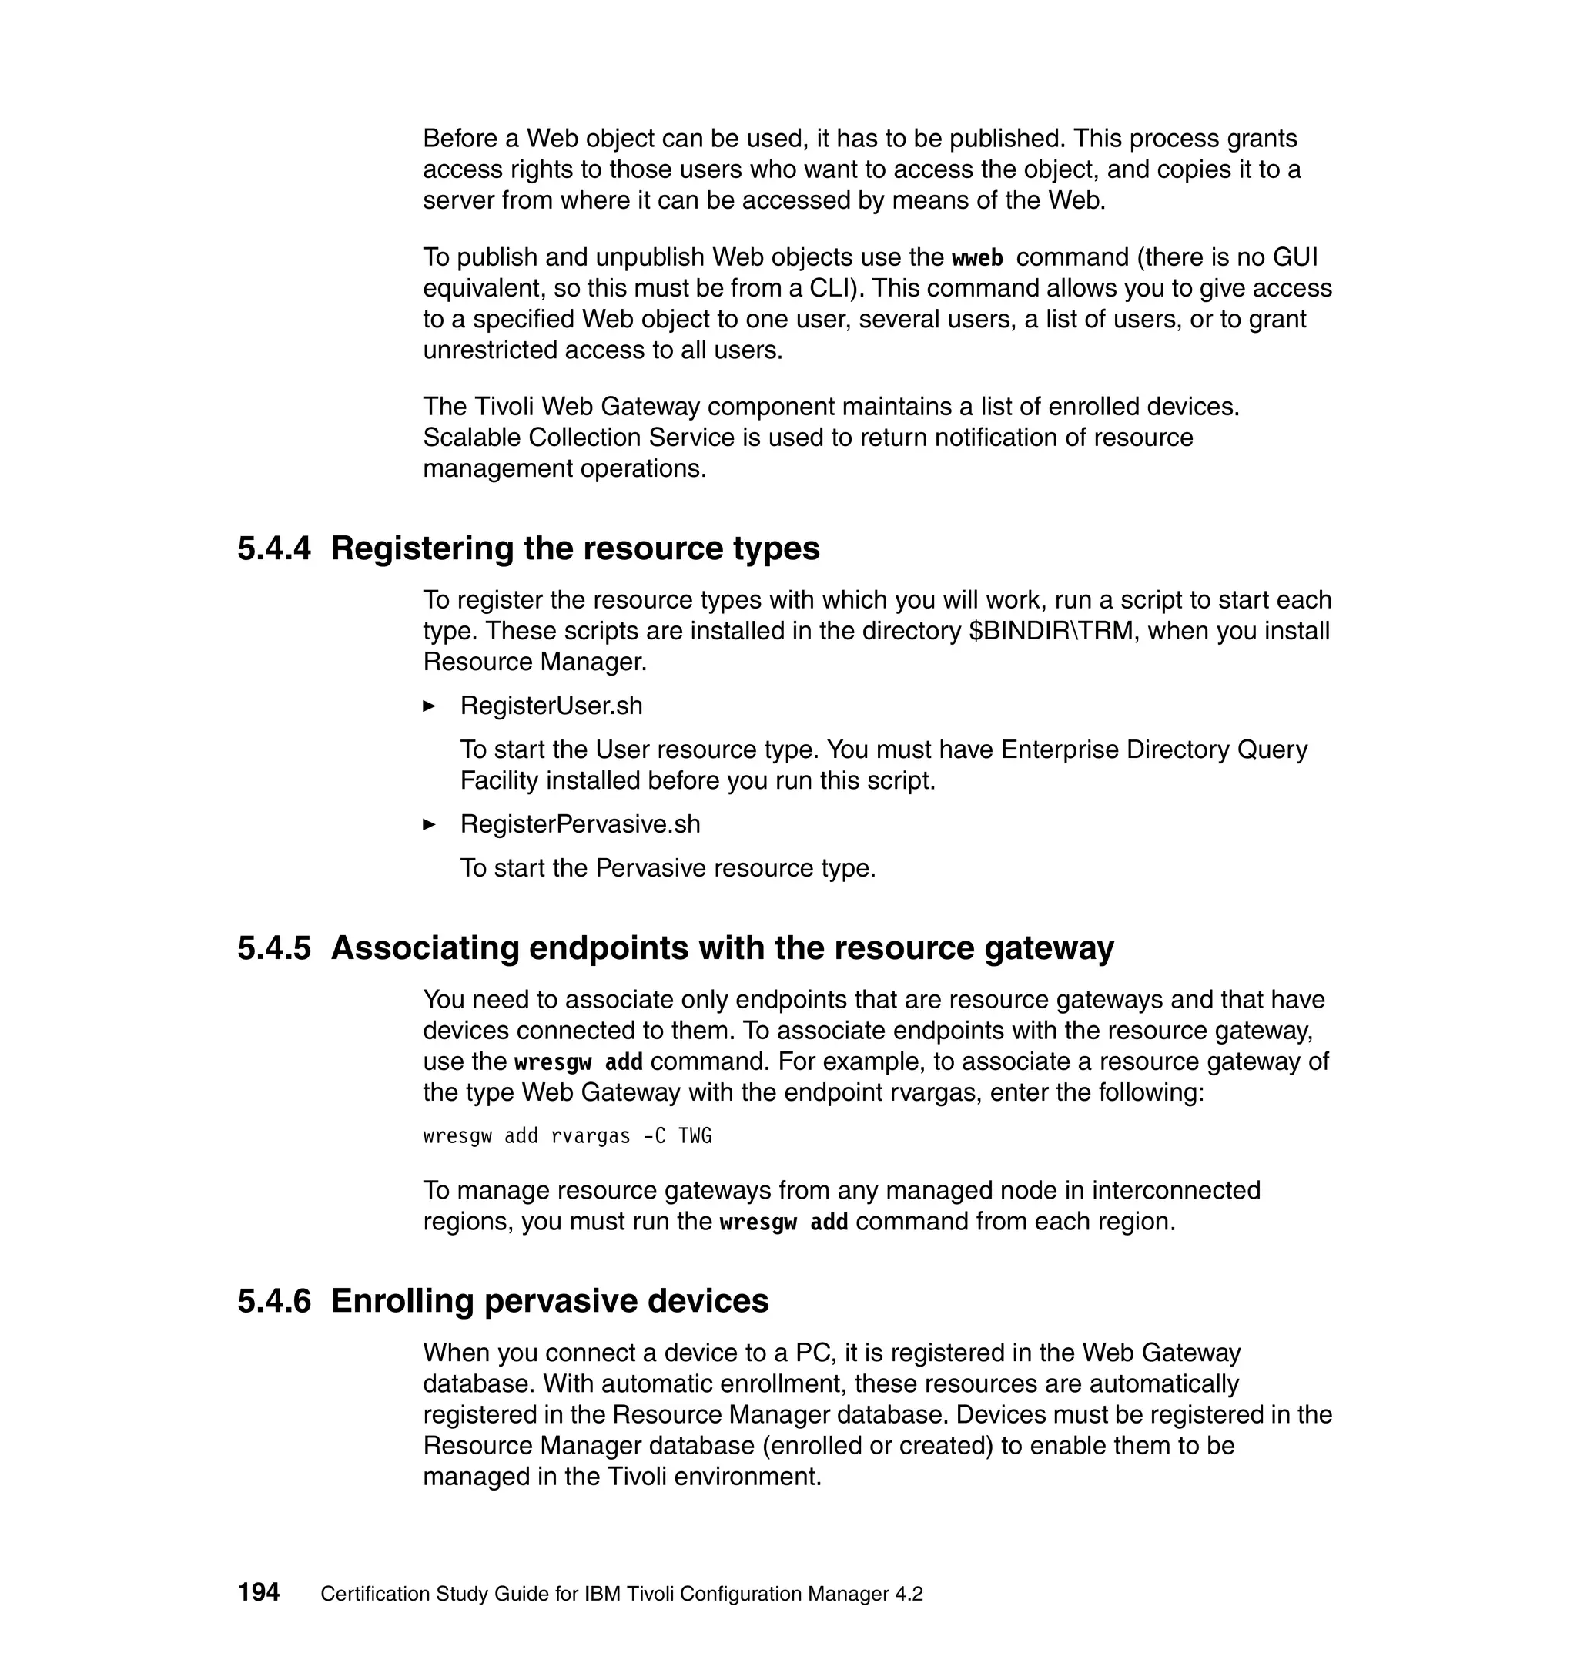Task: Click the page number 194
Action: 258,1591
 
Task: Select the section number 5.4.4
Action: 273,549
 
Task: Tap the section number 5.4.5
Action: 273,948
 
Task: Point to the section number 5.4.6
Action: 273,1301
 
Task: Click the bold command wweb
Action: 977,257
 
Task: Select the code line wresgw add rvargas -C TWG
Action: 568,1136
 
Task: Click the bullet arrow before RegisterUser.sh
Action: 429,706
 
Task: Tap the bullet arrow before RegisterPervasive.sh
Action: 429,824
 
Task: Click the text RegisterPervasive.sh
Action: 580,824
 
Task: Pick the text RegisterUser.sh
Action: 551,706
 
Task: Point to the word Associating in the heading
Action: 424,948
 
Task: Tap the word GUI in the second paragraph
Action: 1295,257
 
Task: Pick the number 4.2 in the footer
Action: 909,1594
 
